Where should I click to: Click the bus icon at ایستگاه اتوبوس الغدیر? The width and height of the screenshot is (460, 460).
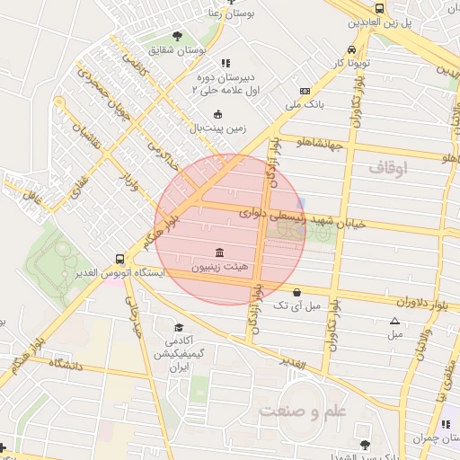click(x=119, y=257)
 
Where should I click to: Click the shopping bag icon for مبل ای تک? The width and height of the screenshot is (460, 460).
click(x=297, y=292)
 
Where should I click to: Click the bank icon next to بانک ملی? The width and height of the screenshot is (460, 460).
click(x=305, y=91)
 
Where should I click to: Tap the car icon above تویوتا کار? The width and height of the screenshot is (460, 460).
click(x=350, y=50)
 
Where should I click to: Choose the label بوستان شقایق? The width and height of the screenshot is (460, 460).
click(x=178, y=50)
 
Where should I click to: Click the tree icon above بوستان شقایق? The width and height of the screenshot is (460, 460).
click(x=177, y=36)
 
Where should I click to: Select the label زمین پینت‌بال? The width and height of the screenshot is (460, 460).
click(x=217, y=128)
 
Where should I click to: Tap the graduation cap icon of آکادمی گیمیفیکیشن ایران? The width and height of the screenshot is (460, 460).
click(x=178, y=328)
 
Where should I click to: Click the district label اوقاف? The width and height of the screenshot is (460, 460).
click(x=388, y=167)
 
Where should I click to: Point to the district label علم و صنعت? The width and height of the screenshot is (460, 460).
click(x=303, y=411)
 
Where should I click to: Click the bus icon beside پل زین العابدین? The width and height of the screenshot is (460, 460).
click(x=380, y=8)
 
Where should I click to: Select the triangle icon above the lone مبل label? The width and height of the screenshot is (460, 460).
click(x=394, y=321)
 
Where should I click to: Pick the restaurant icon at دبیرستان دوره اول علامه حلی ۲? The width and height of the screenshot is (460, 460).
click(x=226, y=63)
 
